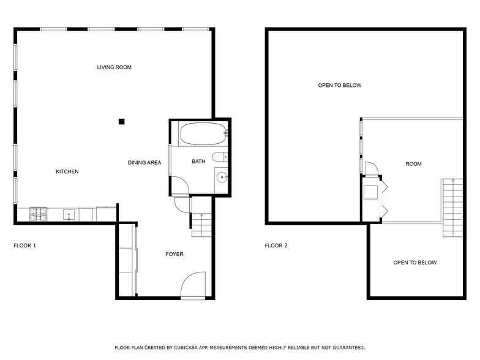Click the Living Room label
(x=114, y=67)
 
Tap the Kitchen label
(x=67, y=171)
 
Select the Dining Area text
(x=144, y=162)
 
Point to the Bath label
(x=198, y=162)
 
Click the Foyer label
(x=174, y=254)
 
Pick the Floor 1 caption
(x=25, y=246)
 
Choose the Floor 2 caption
(x=276, y=246)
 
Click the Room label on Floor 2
(x=414, y=164)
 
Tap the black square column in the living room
(x=122, y=121)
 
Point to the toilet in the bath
(x=220, y=157)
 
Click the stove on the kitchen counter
(x=39, y=214)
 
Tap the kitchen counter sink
(x=69, y=215)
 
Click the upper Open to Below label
(x=340, y=86)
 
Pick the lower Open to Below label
(x=415, y=263)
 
